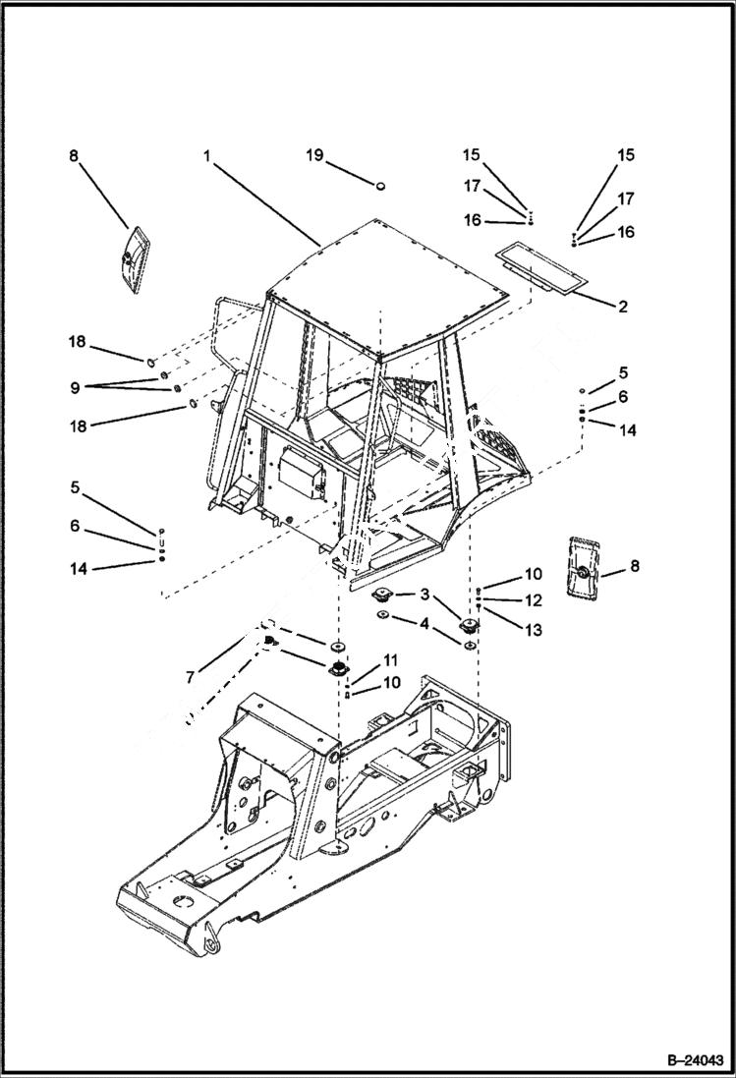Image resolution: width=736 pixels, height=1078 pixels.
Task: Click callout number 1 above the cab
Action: pyautogui.click(x=208, y=155)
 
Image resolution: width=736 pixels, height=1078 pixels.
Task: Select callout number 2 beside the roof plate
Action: pyautogui.click(x=622, y=307)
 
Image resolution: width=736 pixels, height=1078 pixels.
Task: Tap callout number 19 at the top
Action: pyautogui.click(x=313, y=155)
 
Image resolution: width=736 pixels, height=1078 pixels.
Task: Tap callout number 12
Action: pyautogui.click(x=533, y=599)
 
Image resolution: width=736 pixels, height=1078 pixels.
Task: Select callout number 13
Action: pyautogui.click(x=533, y=628)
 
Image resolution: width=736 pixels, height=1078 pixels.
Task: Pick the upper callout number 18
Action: pyautogui.click(x=76, y=341)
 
